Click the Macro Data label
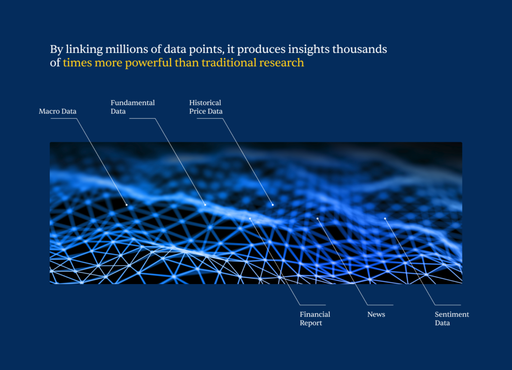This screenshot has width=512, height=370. pyautogui.click(x=57, y=111)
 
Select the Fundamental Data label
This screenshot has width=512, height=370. pyautogui.click(x=132, y=107)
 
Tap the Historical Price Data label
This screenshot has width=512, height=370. pyautogui.click(x=205, y=107)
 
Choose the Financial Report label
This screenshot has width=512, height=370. pyautogui.click(x=315, y=319)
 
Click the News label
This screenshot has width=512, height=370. pyautogui.click(x=376, y=314)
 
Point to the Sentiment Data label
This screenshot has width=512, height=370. pyautogui.click(x=451, y=319)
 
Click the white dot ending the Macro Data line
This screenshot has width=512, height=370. pyautogui.click(x=126, y=205)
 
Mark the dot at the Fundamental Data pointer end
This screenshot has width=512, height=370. pyautogui.click(x=205, y=205)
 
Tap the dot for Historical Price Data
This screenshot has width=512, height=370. pyautogui.click(x=272, y=205)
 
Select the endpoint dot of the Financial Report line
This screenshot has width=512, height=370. pyautogui.click(x=250, y=218)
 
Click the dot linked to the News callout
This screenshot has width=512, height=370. pyautogui.click(x=317, y=218)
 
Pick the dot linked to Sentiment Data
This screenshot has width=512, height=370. pyautogui.click(x=385, y=218)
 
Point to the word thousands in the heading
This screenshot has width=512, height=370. pyautogui.click(x=359, y=49)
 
